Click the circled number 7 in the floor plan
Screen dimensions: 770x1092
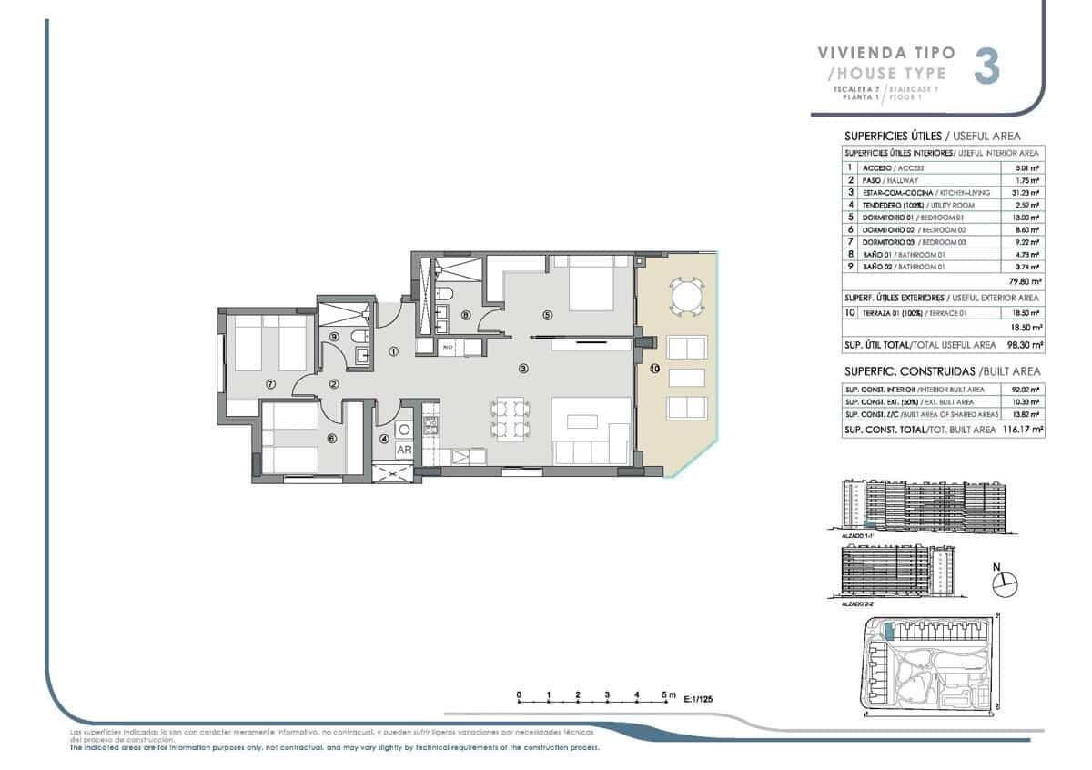pyautogui.click(x=270, y=384)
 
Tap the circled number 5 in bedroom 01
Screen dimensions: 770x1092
pyautogui.click(x=547, y=316)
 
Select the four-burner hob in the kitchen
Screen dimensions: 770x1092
pyautogui.click(x=432, y=424)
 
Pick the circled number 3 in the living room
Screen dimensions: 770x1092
pyautogui.click(x=523, y=369)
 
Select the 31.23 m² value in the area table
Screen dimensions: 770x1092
pyautogui.click(x=1026, y=193)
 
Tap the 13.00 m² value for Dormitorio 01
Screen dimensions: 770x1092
pyautogui.click(x=1026, y=218)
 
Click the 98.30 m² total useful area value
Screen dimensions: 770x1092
pyautogui.click(x=1024, y=346)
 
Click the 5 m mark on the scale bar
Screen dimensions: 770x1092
pyautogui.click(x=668, y=694)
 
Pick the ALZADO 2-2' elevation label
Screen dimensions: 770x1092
pyautogui.click(x=846, y=603)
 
